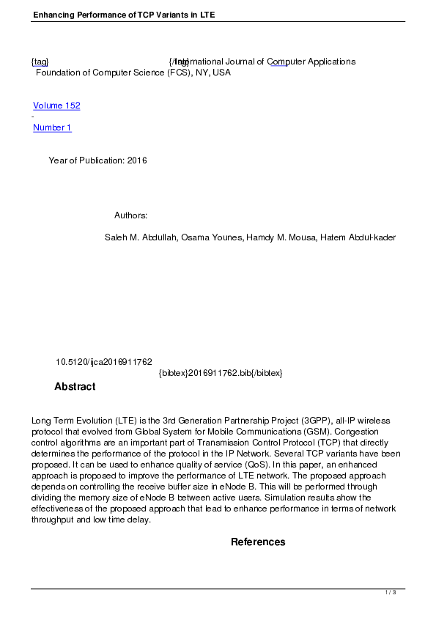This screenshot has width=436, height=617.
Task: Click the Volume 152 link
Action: click(56, 106)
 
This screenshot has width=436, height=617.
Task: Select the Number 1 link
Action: click(52, 128)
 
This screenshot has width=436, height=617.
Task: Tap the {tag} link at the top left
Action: click(40, 62)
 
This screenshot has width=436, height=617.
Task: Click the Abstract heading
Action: click(75, 386)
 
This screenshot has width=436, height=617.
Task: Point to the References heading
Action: click(258, 542)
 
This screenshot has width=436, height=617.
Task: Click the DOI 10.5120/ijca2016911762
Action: click(103, 362)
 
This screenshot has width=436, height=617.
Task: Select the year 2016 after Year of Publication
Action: click(137, 160)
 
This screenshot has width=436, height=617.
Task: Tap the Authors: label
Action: click(131, 215)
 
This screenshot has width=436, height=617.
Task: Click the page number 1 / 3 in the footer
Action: click(391, 592)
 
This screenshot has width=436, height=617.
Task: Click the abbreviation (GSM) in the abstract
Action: click(319, 432)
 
